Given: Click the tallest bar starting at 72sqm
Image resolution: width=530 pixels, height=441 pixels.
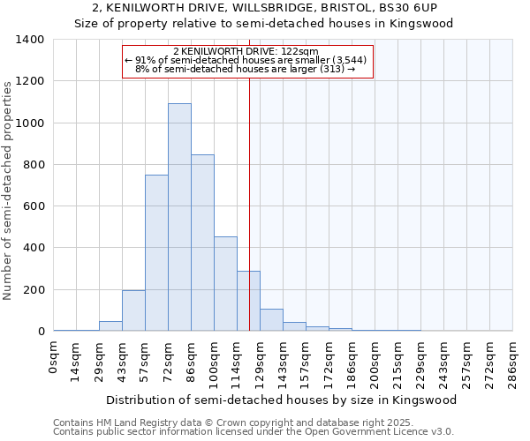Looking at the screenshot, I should [179, 217].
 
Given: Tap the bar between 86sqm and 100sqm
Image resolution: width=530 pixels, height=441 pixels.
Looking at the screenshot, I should [202, 243].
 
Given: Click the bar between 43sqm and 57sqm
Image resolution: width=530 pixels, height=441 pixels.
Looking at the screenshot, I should [133, 310].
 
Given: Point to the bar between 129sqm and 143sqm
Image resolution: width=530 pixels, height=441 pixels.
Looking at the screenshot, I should [271, 320].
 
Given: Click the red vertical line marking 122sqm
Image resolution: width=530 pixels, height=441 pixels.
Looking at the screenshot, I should [250, 194].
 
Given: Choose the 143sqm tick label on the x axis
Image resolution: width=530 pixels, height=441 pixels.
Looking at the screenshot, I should [284, 363].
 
